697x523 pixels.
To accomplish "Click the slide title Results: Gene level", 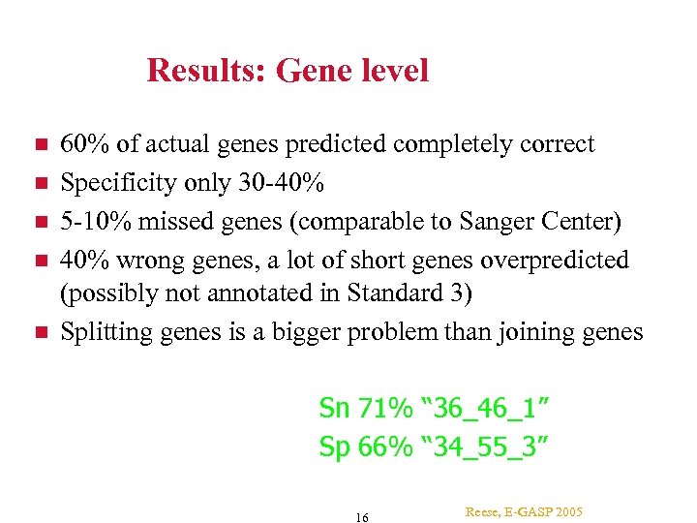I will tap(287, 71).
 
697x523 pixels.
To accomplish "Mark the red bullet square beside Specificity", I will tap(40, 183).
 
